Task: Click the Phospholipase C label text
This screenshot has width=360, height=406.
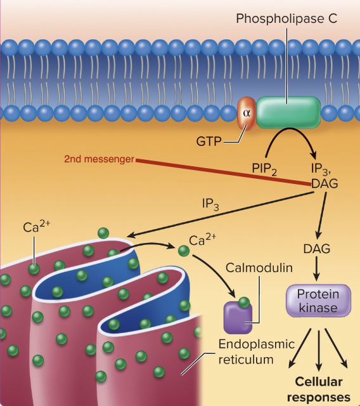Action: (286, 18)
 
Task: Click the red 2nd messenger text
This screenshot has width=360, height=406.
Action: (99, 159)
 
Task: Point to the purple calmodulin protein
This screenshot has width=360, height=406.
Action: (238, 318)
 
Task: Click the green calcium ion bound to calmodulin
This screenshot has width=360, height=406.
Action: (244, 302)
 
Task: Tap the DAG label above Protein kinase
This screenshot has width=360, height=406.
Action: (317, 249)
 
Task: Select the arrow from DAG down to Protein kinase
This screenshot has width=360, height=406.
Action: (317, 269)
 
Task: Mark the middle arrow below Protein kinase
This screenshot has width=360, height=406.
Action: (318, 350)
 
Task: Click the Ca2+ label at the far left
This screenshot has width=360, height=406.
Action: (35, 226)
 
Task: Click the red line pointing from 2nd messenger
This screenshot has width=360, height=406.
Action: (222, 171)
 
